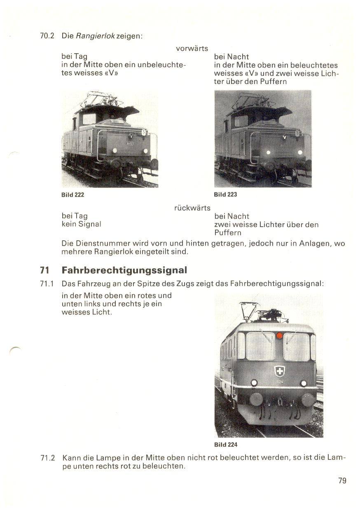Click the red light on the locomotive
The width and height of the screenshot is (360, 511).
click(279, 335)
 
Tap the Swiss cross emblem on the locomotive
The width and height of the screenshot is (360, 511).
click(279, 371)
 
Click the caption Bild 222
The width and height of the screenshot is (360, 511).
click(73, 195)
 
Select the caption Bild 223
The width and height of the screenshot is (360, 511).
click(225, 195)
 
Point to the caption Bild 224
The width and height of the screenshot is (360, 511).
click(226, 445)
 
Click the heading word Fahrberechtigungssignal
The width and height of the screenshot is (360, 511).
click(124, 270)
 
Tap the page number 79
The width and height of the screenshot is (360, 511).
click(342, 481)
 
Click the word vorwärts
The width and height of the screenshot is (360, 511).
click(192, 49)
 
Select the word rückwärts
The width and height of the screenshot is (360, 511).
click(192, 208)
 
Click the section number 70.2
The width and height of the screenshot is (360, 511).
click(47, 36)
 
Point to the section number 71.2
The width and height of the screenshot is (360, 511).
click(48, 458)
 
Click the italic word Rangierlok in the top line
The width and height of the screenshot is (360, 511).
click(95, 36)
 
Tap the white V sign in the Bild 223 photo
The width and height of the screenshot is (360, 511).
click(284, 137)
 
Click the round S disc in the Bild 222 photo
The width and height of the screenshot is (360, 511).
click(144, 132)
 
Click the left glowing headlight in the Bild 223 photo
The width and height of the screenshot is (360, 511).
click(268, 152)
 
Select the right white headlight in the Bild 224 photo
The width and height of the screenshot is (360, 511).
click(304, 383)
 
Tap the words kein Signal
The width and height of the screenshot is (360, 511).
click(82, 224)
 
